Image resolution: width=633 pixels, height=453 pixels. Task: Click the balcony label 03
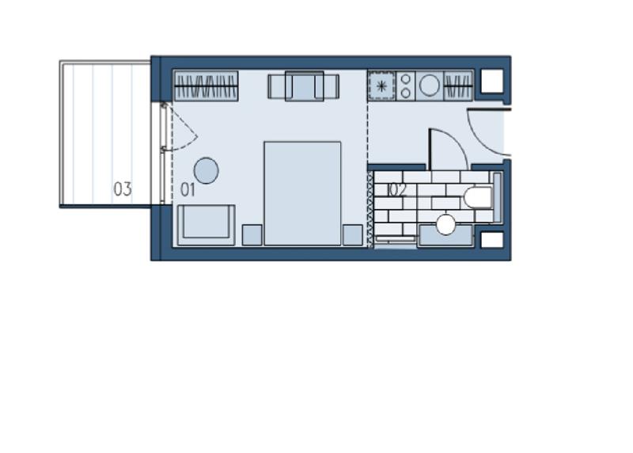pos(123,188)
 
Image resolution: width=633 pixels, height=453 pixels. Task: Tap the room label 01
pos(188,189)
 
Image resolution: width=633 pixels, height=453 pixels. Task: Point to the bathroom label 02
pos(397,190)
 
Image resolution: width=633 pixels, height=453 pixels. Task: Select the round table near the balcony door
pos(207,170)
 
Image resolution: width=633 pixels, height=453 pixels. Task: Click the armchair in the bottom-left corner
pos(206,225)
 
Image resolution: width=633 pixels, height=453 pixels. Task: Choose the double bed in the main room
pos(302,193)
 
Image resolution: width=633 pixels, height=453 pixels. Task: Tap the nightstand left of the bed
pos(252,234)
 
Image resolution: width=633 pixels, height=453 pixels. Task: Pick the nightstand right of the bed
pos(352,234)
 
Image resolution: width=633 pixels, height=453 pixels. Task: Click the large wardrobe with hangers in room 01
pos(206,86)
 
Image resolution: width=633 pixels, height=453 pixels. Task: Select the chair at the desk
pos(304,86)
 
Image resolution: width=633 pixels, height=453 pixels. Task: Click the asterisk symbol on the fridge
pos(381,86)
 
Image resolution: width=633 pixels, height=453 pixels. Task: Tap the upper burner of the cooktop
pos(406,79)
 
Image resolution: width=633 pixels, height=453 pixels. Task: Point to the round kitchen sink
pos(429,86)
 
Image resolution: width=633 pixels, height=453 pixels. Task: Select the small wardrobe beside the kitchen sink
pos(458,86)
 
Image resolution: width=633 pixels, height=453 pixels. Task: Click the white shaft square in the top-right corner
pos(492,81)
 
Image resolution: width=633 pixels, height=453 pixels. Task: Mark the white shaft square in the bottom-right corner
pos(492,240)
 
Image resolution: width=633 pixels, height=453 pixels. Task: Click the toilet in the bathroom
pos(478,198)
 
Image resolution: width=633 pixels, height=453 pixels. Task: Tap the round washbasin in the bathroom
pos(446,225)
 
